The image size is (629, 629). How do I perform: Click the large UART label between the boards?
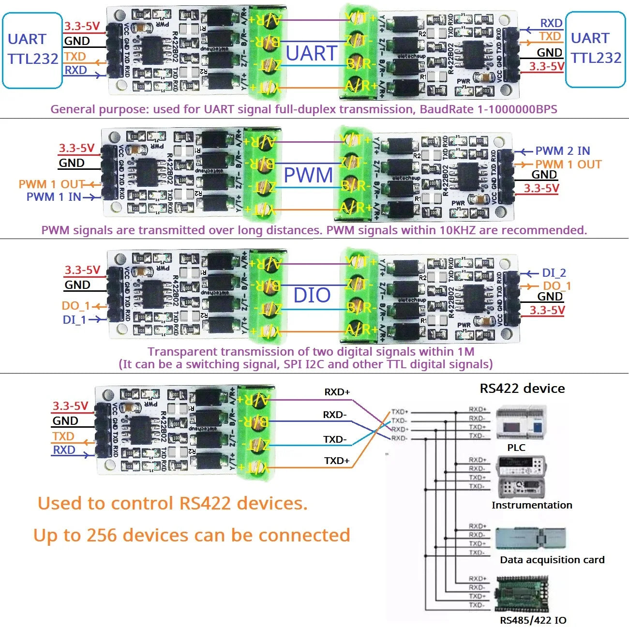[x=311, y=53]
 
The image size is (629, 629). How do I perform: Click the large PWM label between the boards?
[x=308, y=175]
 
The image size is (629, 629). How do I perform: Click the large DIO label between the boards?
[x=312, y=295]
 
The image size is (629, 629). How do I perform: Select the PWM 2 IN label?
[x=562, y=151]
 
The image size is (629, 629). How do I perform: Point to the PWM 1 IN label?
[x=54, y=197]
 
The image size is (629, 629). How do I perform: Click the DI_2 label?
[x=554, y=273]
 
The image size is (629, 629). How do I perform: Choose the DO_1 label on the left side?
[x=75, y=306]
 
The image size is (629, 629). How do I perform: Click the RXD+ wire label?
[x=337, y=392]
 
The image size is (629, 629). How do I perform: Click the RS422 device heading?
[x=522, y=389]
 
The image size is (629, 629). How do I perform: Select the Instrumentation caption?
[x=532, y=505]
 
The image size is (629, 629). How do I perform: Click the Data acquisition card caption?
[x=552, y=560]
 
